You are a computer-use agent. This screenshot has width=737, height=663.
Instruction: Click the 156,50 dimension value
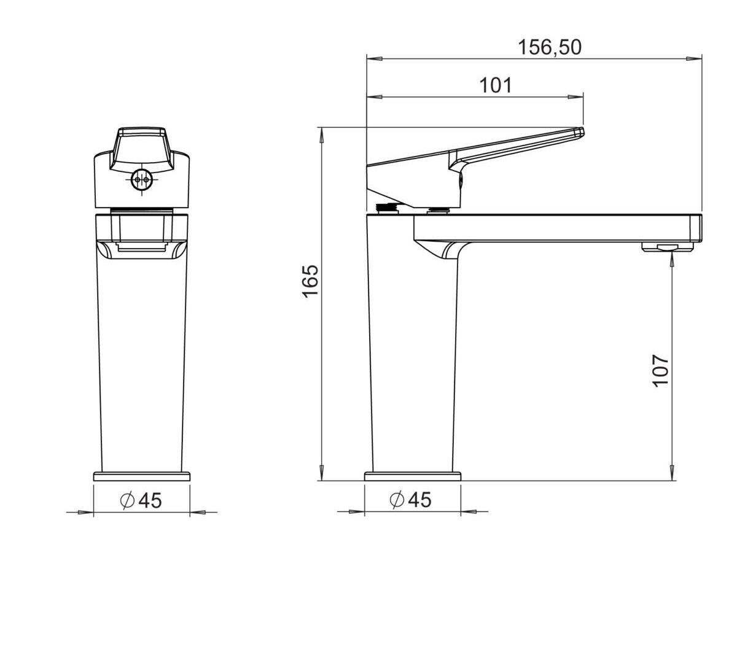coord(549,47)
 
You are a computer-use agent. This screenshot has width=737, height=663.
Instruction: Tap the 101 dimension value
coord(496,85)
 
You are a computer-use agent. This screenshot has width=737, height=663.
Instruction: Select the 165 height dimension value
coord(310,281)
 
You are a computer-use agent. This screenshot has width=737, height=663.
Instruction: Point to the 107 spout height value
coord(660,371)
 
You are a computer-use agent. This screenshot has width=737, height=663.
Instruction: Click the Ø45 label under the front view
coord(141,500)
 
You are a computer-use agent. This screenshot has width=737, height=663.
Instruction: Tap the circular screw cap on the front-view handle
coord(142,180)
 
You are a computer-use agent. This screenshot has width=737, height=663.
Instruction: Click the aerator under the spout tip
coord(667,247)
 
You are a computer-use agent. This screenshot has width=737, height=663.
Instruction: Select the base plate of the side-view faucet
coord(413,476)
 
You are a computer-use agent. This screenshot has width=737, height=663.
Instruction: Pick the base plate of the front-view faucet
coord(142,476)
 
